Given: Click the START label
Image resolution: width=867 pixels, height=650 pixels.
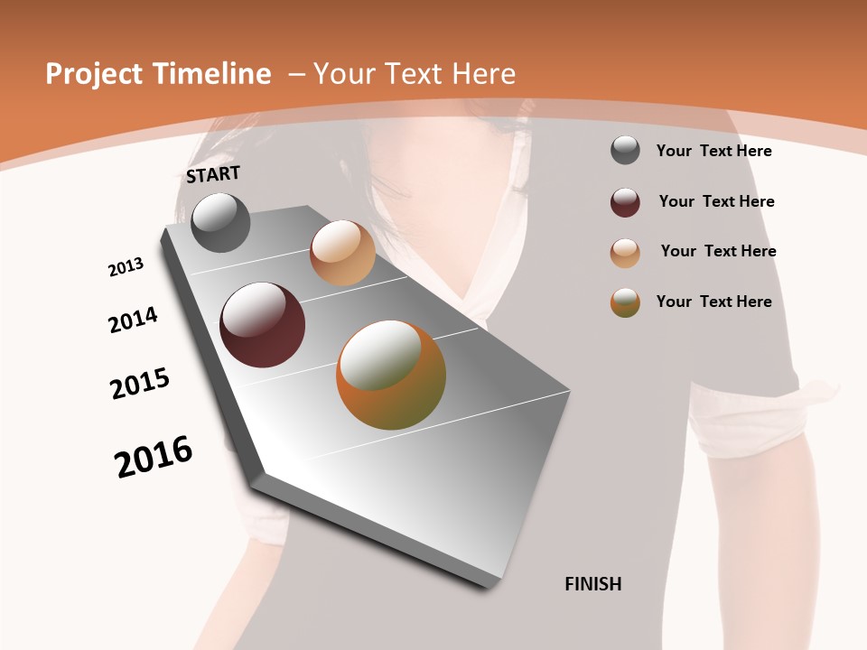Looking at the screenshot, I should [x=213, y=174].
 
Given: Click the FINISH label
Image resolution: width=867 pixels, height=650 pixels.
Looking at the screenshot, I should [x=593, y=584].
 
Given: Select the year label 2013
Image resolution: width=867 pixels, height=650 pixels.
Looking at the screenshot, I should [x=126, y=267].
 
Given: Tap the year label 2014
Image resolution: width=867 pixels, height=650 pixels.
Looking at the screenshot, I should [x=134, y=320].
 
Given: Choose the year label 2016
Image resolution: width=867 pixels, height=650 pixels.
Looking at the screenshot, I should [x=154, y=456].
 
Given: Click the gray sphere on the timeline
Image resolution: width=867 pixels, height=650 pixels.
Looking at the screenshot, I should [x=220, y=222].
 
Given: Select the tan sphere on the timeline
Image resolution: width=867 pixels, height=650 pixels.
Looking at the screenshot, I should [x=342, y=253].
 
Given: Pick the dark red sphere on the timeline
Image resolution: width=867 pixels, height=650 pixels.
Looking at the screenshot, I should [x=263, y=325].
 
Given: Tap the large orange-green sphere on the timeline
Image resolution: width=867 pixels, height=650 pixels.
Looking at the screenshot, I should [x=391, y=375].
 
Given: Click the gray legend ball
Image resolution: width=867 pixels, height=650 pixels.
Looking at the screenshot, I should [x=625, y=150].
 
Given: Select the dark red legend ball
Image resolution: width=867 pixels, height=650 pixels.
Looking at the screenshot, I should [x=625, y=202].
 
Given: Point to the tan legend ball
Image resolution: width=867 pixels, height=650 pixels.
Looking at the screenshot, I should [x=625, y=253].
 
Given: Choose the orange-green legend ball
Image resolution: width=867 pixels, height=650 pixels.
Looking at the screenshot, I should [x=625, y=302].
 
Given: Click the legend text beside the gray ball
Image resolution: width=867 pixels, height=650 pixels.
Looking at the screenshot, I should [x=713, y=151].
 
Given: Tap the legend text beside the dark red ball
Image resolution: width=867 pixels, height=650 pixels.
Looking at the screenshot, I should [x=716, y=201].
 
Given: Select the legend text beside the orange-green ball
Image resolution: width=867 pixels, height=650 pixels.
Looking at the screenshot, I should [x=713, y=302].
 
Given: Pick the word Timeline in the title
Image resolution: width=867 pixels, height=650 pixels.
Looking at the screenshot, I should [x=217, y=74].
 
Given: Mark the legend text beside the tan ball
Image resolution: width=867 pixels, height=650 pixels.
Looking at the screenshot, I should [x=718, y=251].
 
